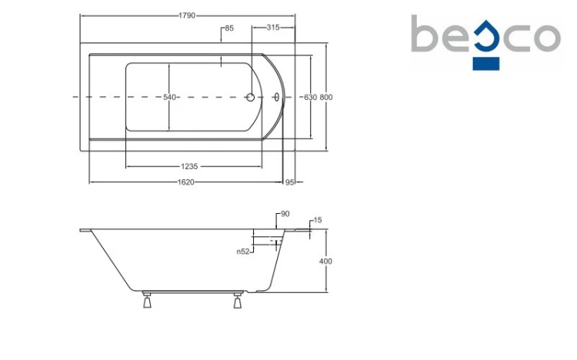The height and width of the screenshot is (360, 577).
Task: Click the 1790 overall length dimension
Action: point(187,15)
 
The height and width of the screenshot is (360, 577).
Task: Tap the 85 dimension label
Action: point(229,28)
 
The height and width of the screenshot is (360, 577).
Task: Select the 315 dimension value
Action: point(273,27)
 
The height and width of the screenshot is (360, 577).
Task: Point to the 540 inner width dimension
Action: point(170,97)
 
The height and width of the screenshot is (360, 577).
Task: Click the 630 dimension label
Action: point(310,97)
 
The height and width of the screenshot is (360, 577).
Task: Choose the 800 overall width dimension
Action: point(326,97)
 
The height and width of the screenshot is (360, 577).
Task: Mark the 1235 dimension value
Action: point(189,166)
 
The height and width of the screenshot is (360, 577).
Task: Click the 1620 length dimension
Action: point(186,182)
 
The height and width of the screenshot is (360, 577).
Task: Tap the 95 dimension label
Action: point(289,182)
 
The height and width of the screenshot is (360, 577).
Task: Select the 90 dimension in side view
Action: point(285,214)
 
